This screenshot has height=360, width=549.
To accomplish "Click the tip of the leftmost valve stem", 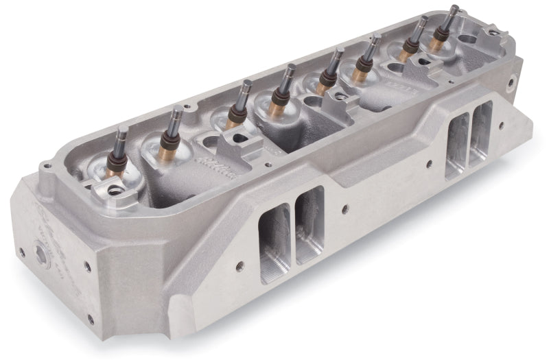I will coord(121,128).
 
